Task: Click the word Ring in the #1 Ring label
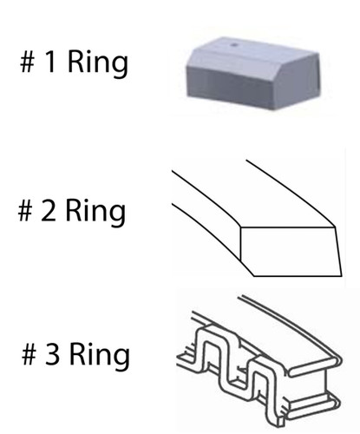[98, 63]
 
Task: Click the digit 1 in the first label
[50, 62]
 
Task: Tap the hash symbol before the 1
[28, 62]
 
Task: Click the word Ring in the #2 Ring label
[95, 213]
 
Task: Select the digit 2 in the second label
[49, 211]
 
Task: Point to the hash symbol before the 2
[25, 211]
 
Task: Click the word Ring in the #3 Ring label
[100, 356]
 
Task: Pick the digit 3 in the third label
[52, 354]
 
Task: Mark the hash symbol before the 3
[29, 354]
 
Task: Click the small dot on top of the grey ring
[234, 45]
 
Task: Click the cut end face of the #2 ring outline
[291, 251]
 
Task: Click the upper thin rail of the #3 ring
[289, 327]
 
